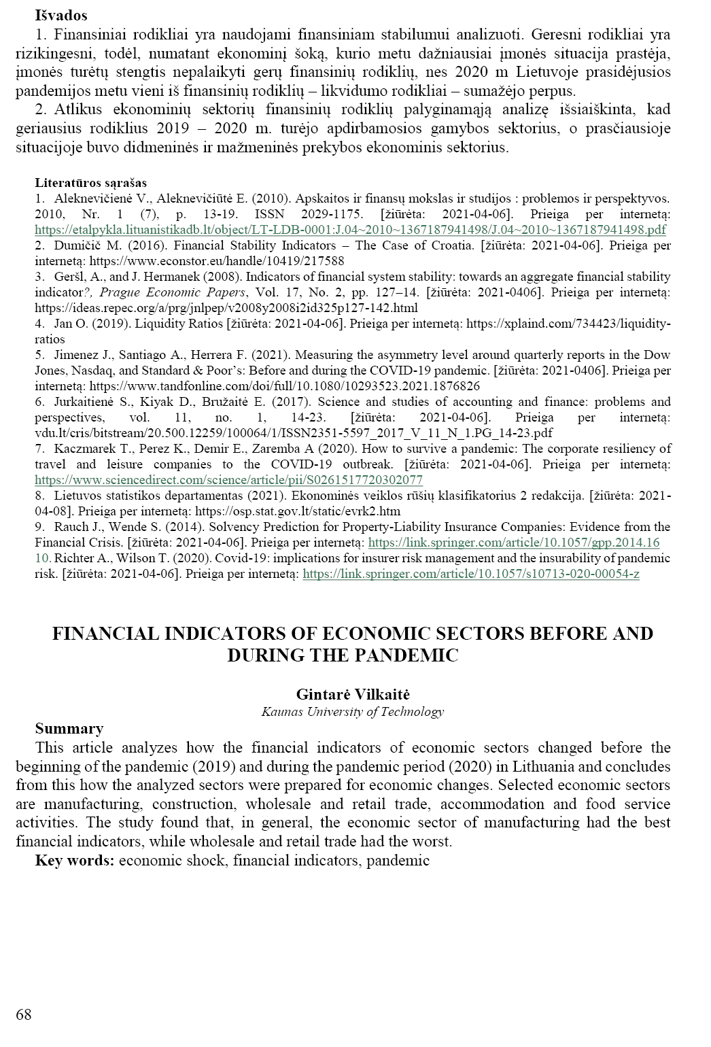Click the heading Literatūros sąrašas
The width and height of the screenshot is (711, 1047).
point(91,183)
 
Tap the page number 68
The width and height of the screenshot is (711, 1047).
point(24,1015)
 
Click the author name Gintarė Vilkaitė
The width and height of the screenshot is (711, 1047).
point(353,694)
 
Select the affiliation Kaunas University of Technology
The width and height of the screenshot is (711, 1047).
point(352,712)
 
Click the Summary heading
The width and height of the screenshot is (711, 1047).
point(69,729)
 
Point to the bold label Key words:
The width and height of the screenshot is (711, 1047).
point(75,860)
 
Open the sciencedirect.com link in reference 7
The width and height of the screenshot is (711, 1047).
point(228,479)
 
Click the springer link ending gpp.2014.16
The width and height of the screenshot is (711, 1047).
point(513,543)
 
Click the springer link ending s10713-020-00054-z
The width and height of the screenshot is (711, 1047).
point(470,574)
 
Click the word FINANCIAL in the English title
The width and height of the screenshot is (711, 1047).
point(105,633)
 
